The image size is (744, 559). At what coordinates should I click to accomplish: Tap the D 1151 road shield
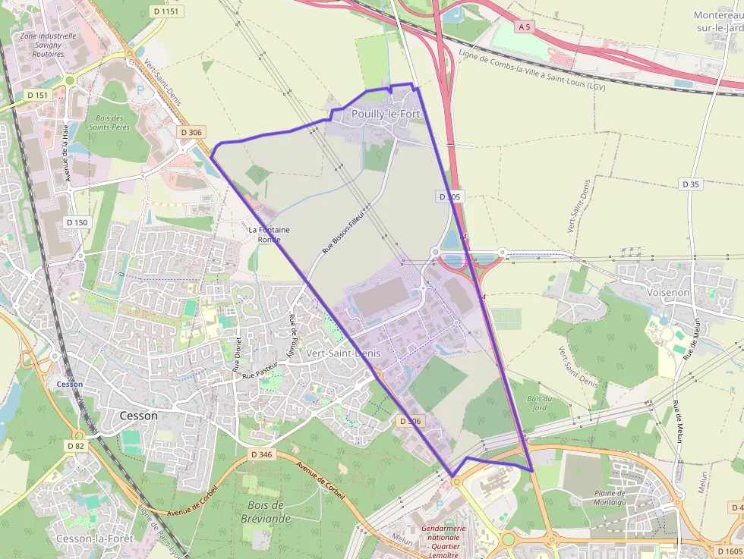pyautogui.click(x=167, y=11)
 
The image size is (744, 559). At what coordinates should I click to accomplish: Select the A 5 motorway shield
pyautogui.click(x=524, y=27)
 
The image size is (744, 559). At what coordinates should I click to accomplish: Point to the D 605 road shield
pyautogui.click(x=449, y=196)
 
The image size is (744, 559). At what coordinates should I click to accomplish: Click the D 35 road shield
pyautogui.click(x=690, y=184)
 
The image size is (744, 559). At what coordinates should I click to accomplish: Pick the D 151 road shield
pyautogui.click(x=36, y=95)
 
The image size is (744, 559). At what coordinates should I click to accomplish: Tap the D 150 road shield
pyautogui.click(x=77, y=222)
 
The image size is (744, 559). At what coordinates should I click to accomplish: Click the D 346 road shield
pyautogui.click(x=260, y=454)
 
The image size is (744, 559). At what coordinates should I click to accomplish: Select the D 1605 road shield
pyautogui.click(x=729, y=551)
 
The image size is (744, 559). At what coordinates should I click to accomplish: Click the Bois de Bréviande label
pyautogui.click(x=266, y=512)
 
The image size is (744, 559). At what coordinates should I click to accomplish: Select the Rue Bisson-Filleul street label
pyautogui.click(x=344, y=231)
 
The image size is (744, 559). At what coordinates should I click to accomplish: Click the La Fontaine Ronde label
pyautogui.click(x=270, y=234)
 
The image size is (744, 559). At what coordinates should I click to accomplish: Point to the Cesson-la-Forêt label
pyautogui.click(x=95, y=538)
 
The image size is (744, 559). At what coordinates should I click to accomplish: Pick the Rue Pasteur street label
pyautogui.click(x=261, y=370)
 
